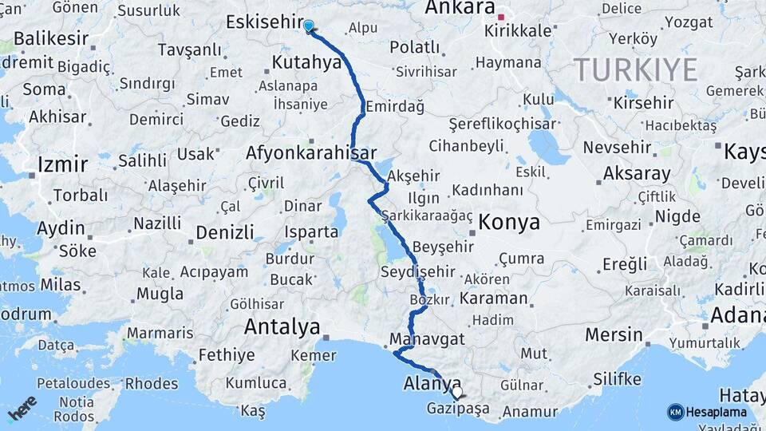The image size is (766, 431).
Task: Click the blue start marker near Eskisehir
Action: point(309,26)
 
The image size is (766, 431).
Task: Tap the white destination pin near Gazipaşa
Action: point(456,392)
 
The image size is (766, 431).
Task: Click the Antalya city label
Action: point(282,326)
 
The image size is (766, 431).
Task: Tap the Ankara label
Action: point(460,9)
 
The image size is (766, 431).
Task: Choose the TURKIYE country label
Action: point(635,70)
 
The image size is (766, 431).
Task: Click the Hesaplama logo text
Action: point(716,412)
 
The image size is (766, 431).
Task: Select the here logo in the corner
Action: point(22,407)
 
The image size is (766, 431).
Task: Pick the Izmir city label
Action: point(62,165)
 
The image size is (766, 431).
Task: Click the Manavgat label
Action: point(428,338)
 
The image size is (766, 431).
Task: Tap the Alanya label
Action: point(433,381)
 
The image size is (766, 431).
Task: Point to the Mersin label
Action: point(614,334)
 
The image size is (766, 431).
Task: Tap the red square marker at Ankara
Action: point(501,16)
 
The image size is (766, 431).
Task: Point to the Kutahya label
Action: point(306,62)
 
